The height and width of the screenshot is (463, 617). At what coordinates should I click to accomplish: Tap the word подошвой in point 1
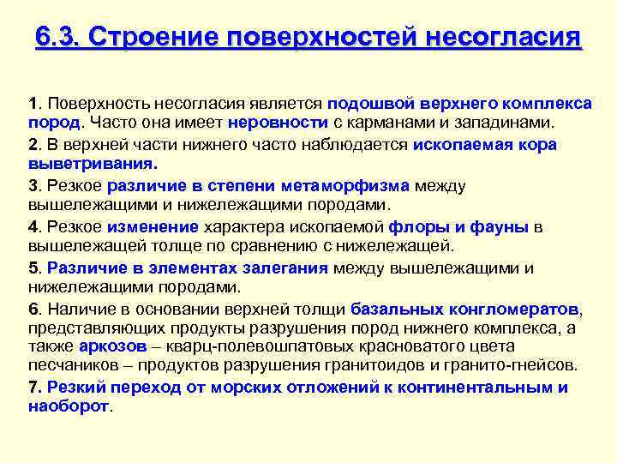[x=363, y=104]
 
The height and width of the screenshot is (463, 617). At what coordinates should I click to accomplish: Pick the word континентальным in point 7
[x=483, y=388]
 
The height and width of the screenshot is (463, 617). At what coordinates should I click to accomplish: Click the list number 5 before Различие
[x=33, y=268]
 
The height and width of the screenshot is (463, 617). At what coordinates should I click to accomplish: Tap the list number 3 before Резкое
[x=33, y=184]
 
